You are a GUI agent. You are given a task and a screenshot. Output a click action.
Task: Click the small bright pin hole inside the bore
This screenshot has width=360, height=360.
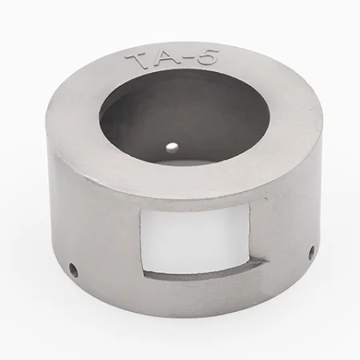(172, 146)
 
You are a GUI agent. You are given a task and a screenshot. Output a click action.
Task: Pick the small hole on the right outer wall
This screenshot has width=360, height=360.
(311, 252)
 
